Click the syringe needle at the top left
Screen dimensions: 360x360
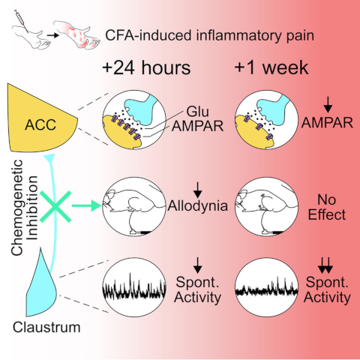click(21, 21)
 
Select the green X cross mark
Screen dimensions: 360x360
click(55, 206)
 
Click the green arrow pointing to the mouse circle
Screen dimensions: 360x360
click(87, 205)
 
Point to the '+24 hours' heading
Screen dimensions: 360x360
click(146, 67)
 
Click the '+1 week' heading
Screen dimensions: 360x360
click(271, 67)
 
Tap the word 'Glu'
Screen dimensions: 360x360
click(198, 111)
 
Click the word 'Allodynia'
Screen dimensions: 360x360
click(198, 205)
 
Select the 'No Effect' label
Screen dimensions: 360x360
click(327, 207)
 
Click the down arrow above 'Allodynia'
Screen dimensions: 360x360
click(198, 190)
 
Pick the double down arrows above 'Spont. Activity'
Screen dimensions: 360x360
click(325, 265)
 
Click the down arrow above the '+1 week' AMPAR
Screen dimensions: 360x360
click(328, 105)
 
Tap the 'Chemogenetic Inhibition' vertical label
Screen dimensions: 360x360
click(24, 207)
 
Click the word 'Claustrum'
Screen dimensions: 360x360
click(46, 327)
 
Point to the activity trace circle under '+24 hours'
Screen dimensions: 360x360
click(134, 287)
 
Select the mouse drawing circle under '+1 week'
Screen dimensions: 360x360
click(267, 206)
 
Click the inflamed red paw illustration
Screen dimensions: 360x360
click(76, 34)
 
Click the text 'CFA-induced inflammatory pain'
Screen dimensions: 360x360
click(209, 35)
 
